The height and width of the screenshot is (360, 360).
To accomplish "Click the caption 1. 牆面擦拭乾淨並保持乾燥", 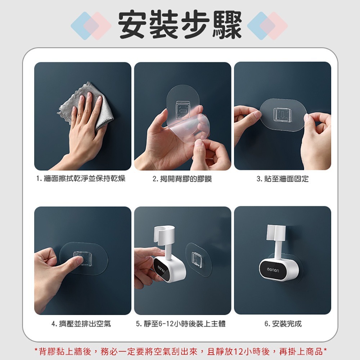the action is (x=81, y=179).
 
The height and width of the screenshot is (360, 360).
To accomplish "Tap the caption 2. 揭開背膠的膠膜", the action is (x=182, y=179).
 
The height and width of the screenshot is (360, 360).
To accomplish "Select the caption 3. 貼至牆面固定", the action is (x=282, y=179).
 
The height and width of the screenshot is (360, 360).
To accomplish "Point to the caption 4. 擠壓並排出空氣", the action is (x=81, y=324).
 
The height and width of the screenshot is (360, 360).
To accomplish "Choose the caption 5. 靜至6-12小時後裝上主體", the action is (x=181, y=324).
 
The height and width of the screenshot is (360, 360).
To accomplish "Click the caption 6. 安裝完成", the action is (x=283, y=324).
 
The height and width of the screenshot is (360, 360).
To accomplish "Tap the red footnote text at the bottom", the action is (x=180, y=351).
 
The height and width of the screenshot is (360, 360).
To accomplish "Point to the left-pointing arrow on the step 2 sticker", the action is (x=183, y=112).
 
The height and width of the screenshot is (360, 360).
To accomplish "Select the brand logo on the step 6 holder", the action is (x=273, y=270).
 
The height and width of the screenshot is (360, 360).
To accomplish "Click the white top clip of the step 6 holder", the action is (x=276, y=232).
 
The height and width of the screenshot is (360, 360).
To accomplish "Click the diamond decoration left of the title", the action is (x=91, y=26).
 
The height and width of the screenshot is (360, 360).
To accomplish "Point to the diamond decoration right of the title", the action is (x=267, y=26).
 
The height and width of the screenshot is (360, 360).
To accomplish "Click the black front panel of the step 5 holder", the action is (x=160, y=269).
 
